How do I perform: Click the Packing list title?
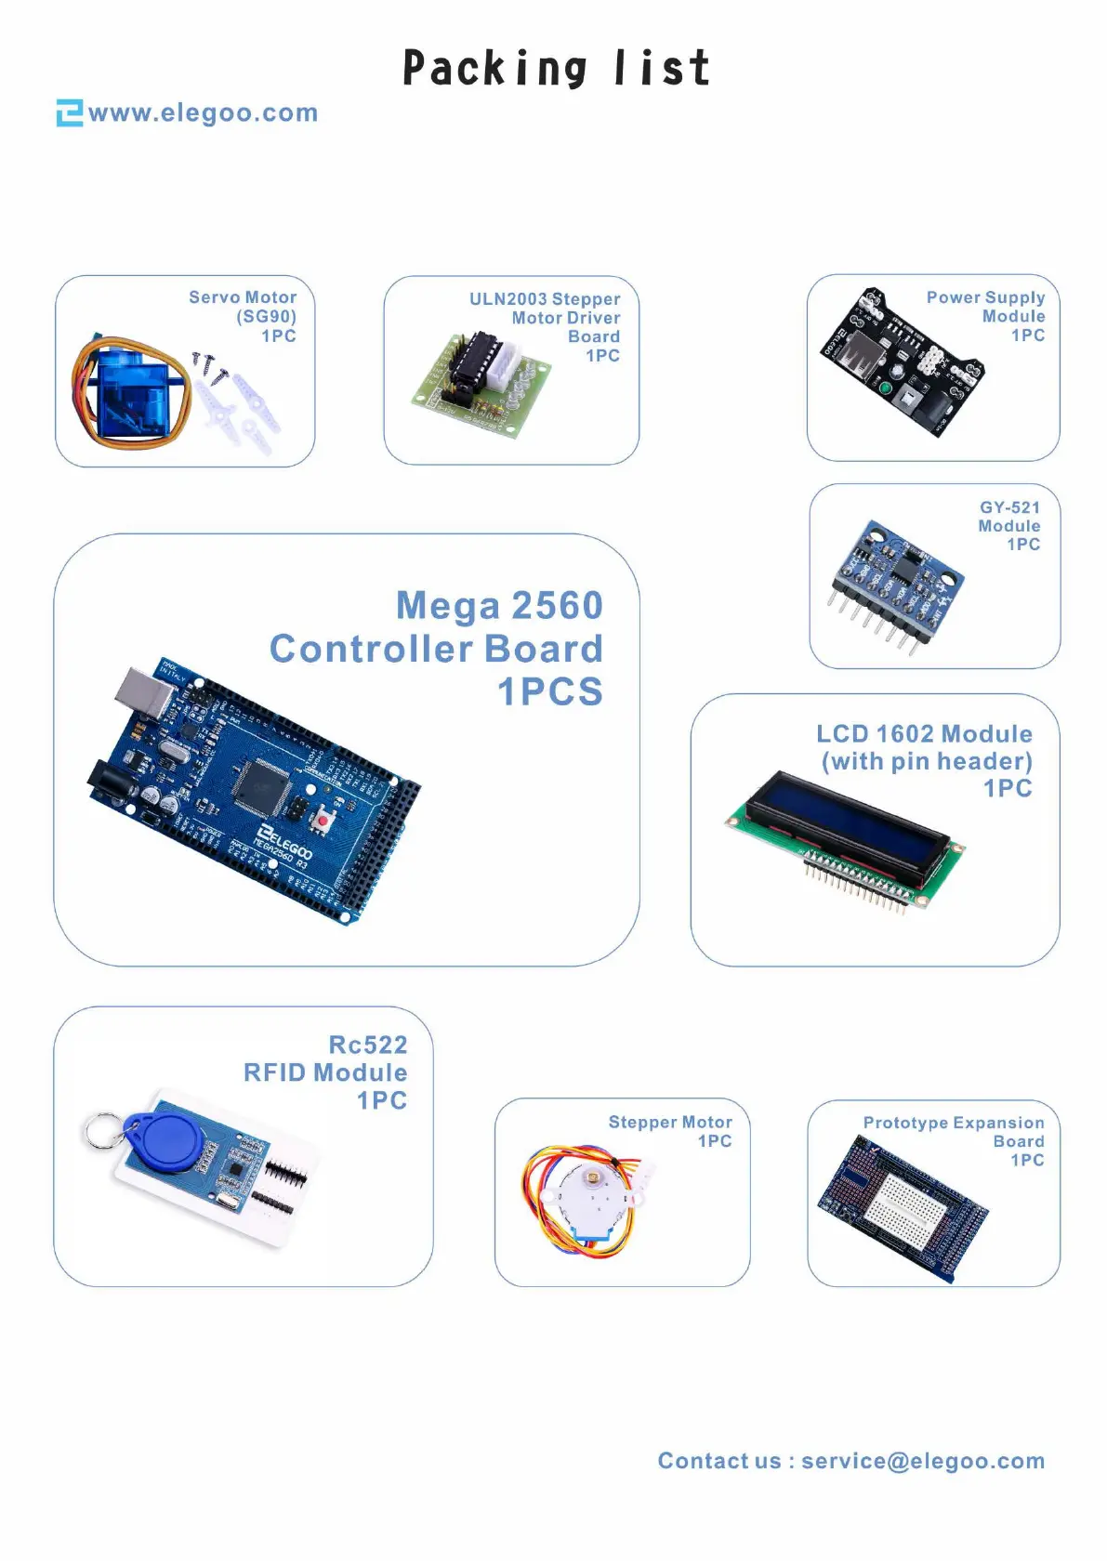pos(556,69)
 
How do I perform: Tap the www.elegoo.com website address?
pos(204,113)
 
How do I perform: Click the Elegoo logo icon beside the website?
pos(69,112)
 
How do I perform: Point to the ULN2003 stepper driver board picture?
pos(481,383)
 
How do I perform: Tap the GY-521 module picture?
pos(897,582)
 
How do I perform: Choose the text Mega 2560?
pos(499,606)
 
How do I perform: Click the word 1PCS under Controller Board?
pos(550,692)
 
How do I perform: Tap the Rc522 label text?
pos(367,1045)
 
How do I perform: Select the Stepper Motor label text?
pos(669,1122)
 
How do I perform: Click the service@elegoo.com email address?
pos(922,1461)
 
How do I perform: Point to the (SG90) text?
pos(266,317)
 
